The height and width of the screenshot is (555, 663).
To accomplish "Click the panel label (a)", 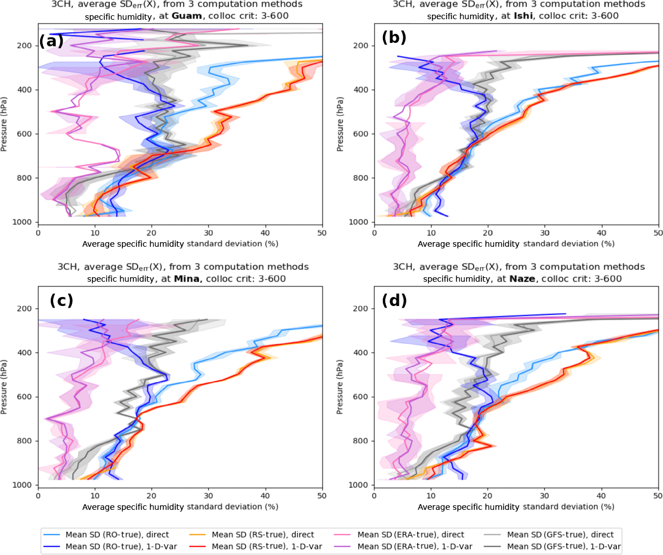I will [51, 41].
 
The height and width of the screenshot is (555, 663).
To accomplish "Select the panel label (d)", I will [394, 300].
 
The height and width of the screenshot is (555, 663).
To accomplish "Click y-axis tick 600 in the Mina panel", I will [26, 397].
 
